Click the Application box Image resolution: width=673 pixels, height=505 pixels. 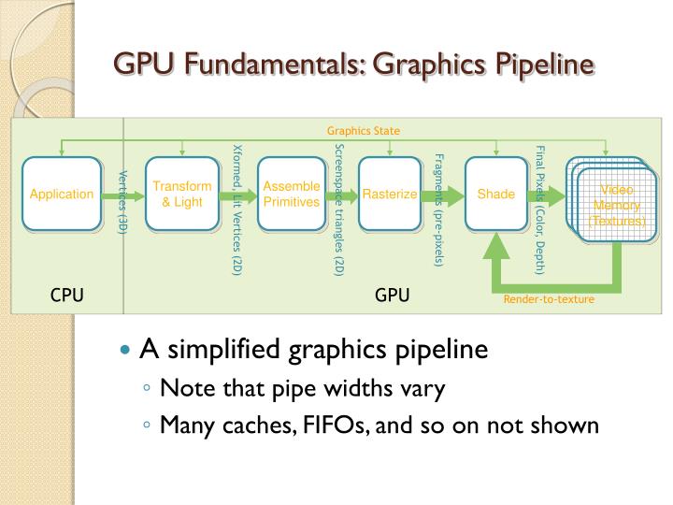62,195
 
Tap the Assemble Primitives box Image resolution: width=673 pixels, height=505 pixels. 292,195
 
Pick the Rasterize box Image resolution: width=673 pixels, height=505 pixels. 390,195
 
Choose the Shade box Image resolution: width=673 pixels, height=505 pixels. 496,195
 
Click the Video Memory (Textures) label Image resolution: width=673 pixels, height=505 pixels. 616,206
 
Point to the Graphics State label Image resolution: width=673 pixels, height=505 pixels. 364,131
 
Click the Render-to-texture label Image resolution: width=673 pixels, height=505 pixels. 549,299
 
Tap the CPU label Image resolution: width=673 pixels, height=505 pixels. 67,296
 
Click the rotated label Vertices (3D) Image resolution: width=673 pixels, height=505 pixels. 122,200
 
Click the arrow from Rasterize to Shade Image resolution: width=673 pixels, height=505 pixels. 441,195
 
